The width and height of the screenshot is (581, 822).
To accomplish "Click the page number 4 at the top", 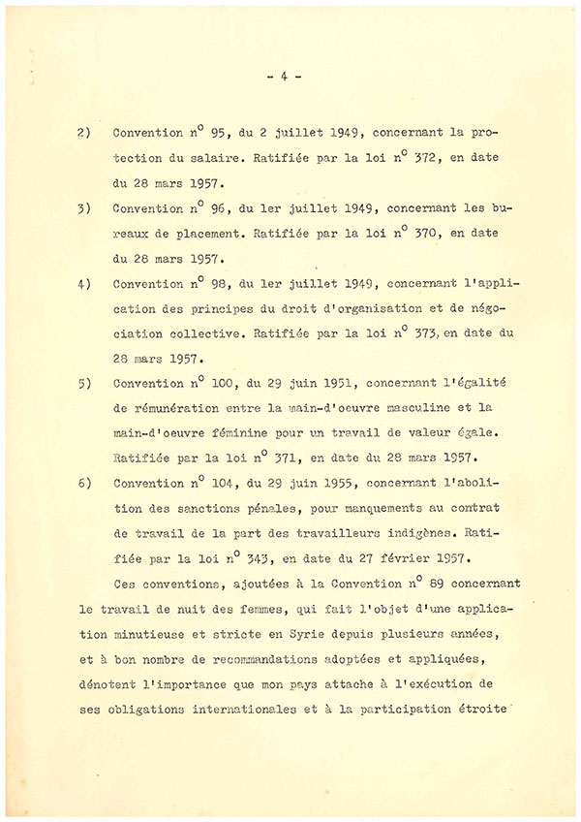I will coord(285,77).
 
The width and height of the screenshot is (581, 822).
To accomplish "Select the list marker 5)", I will coord(84,383).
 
